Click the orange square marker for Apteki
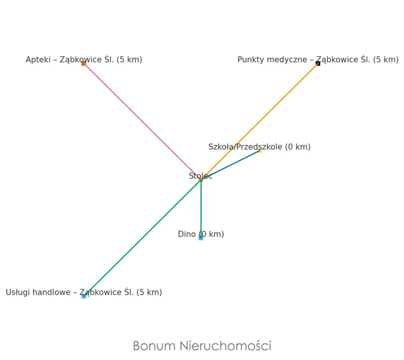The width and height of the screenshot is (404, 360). point(84,63)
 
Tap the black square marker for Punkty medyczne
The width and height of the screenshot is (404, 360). point(318,63)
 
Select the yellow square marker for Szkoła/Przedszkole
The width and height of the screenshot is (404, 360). point(260,151)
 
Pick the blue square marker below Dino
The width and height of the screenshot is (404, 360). point(201,238)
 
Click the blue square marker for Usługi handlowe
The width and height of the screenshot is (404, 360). point(84,296)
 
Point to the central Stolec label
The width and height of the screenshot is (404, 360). point(201,176)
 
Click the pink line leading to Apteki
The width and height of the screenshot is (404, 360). point(142,121)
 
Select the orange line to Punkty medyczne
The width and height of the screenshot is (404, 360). point(260,121)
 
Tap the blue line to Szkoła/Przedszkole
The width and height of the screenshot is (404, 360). point(230,165)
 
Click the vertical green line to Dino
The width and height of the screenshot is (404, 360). point(201,209)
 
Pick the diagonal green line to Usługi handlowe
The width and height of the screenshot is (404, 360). point(142,238)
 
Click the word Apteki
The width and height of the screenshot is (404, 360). point(38,60)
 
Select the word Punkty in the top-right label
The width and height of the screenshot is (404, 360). point(250,60)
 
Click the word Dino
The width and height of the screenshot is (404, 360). point(187,234)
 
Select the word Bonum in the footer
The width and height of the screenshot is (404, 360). point(154,346)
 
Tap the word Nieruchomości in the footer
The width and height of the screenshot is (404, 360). point(225,345)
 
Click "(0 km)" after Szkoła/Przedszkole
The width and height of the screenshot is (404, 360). point(298,147)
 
